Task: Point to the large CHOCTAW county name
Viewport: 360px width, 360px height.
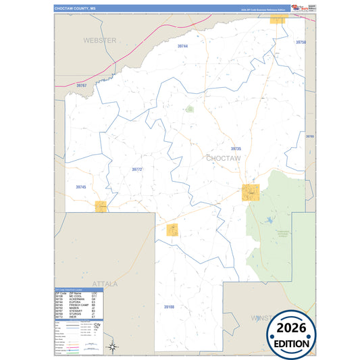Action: (x=223, y=158)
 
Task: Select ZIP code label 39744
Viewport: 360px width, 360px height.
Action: (x=182, y=46)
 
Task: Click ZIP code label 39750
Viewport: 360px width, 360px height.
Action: (x=301, y=43)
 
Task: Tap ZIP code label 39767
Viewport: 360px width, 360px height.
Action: (x=81, y=86)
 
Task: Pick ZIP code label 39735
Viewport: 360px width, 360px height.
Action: (x=236, y=149)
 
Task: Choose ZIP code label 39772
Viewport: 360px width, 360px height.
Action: (x=136, y=170)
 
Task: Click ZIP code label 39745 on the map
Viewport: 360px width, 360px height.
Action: (x=81, y=186)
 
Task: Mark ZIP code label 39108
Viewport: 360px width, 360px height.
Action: (x=169, y=307)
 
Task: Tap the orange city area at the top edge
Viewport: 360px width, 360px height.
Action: (x=277, y=20)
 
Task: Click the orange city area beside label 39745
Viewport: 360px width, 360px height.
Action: (x=101, y=205)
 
